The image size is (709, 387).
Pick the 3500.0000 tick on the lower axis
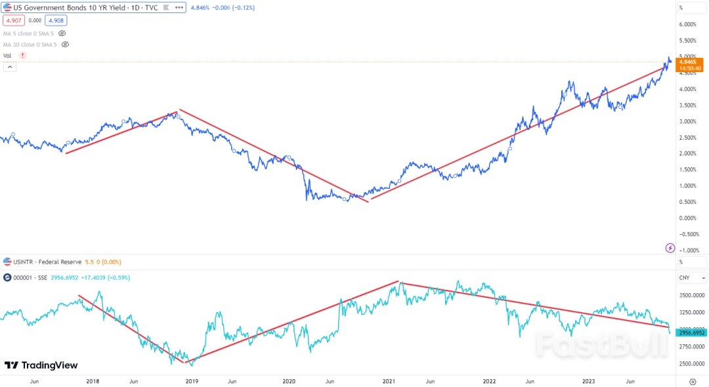click(691, 296)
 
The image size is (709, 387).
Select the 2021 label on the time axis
click(389, 380)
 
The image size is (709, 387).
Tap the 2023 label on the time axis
click(588, 380)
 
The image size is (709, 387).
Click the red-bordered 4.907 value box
click(12, 20)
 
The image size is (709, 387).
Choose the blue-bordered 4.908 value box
click(56, 20)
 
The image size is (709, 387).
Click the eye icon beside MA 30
click(64, 45)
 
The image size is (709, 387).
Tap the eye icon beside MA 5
click(62, 33)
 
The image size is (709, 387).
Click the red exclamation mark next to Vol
click(23, 56)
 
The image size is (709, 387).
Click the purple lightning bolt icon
click(670, 247)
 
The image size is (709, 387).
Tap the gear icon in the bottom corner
click(693, 380)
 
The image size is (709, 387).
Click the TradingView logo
click(41, 365)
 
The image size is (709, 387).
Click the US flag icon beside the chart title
click(7, 8)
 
